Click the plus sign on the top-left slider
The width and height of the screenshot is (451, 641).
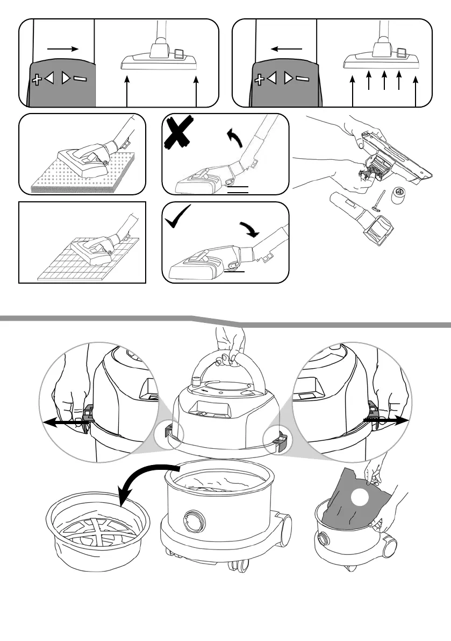coord(37,80)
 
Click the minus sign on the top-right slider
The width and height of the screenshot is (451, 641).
coord(303,79)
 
